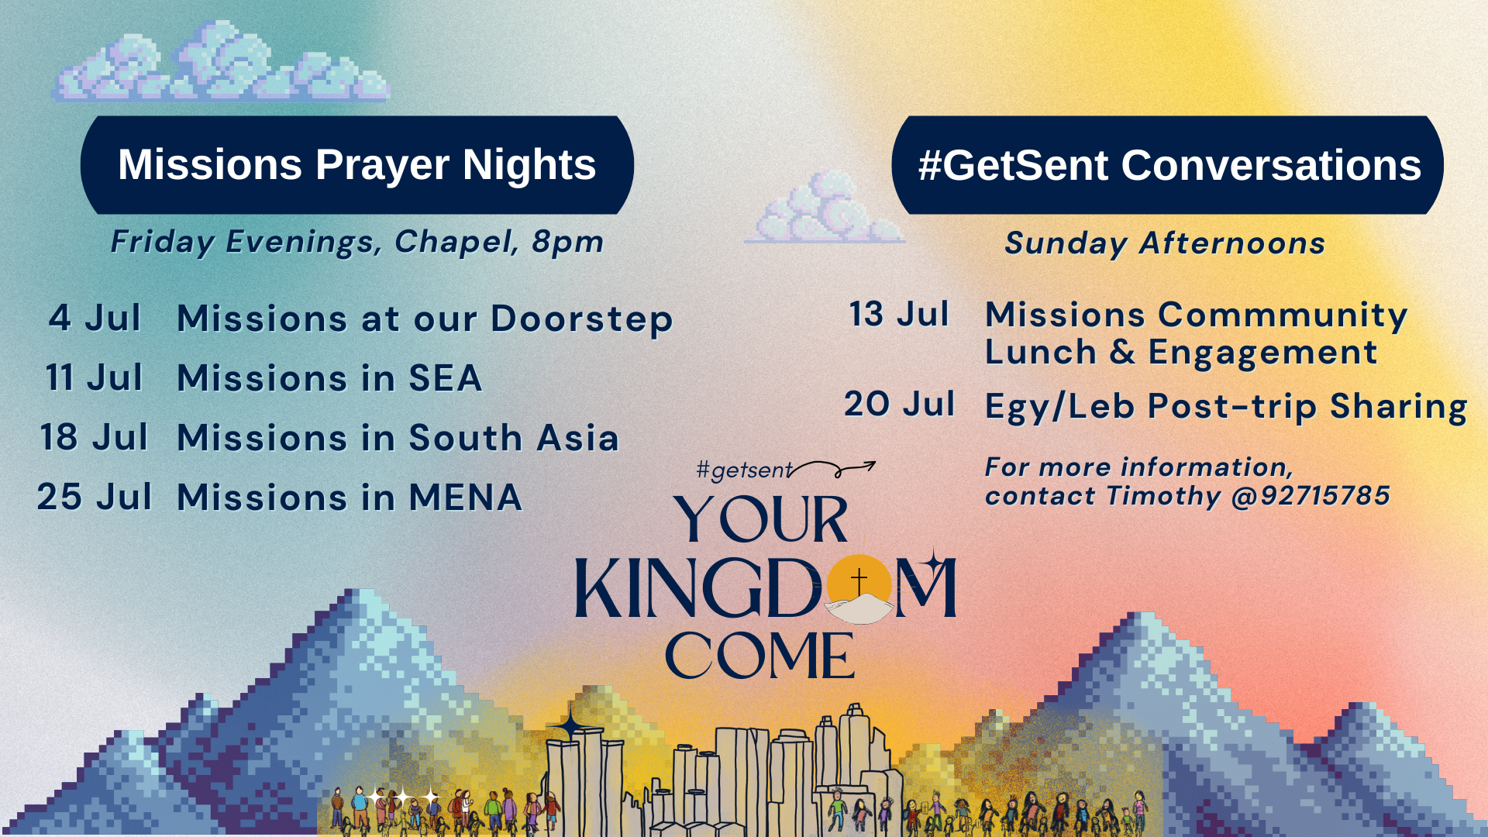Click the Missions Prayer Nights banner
point(357,165)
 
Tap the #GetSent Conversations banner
point(1168,165)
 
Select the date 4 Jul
point(95,318)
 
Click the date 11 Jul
point(94,377)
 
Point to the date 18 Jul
point(94,437)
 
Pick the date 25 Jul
point(94,497)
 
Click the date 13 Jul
point(899,314)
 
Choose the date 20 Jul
point(899,404)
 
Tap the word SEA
point(445,378)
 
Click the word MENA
point(465,498)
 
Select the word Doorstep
point(581,320)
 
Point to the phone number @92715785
point(1311,496)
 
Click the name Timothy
point(1163,496)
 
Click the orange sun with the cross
point(859,584)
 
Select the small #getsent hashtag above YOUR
point(744,470)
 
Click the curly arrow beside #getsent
point(833,468)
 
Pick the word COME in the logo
point(759,656)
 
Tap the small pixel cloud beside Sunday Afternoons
point(824,207)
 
